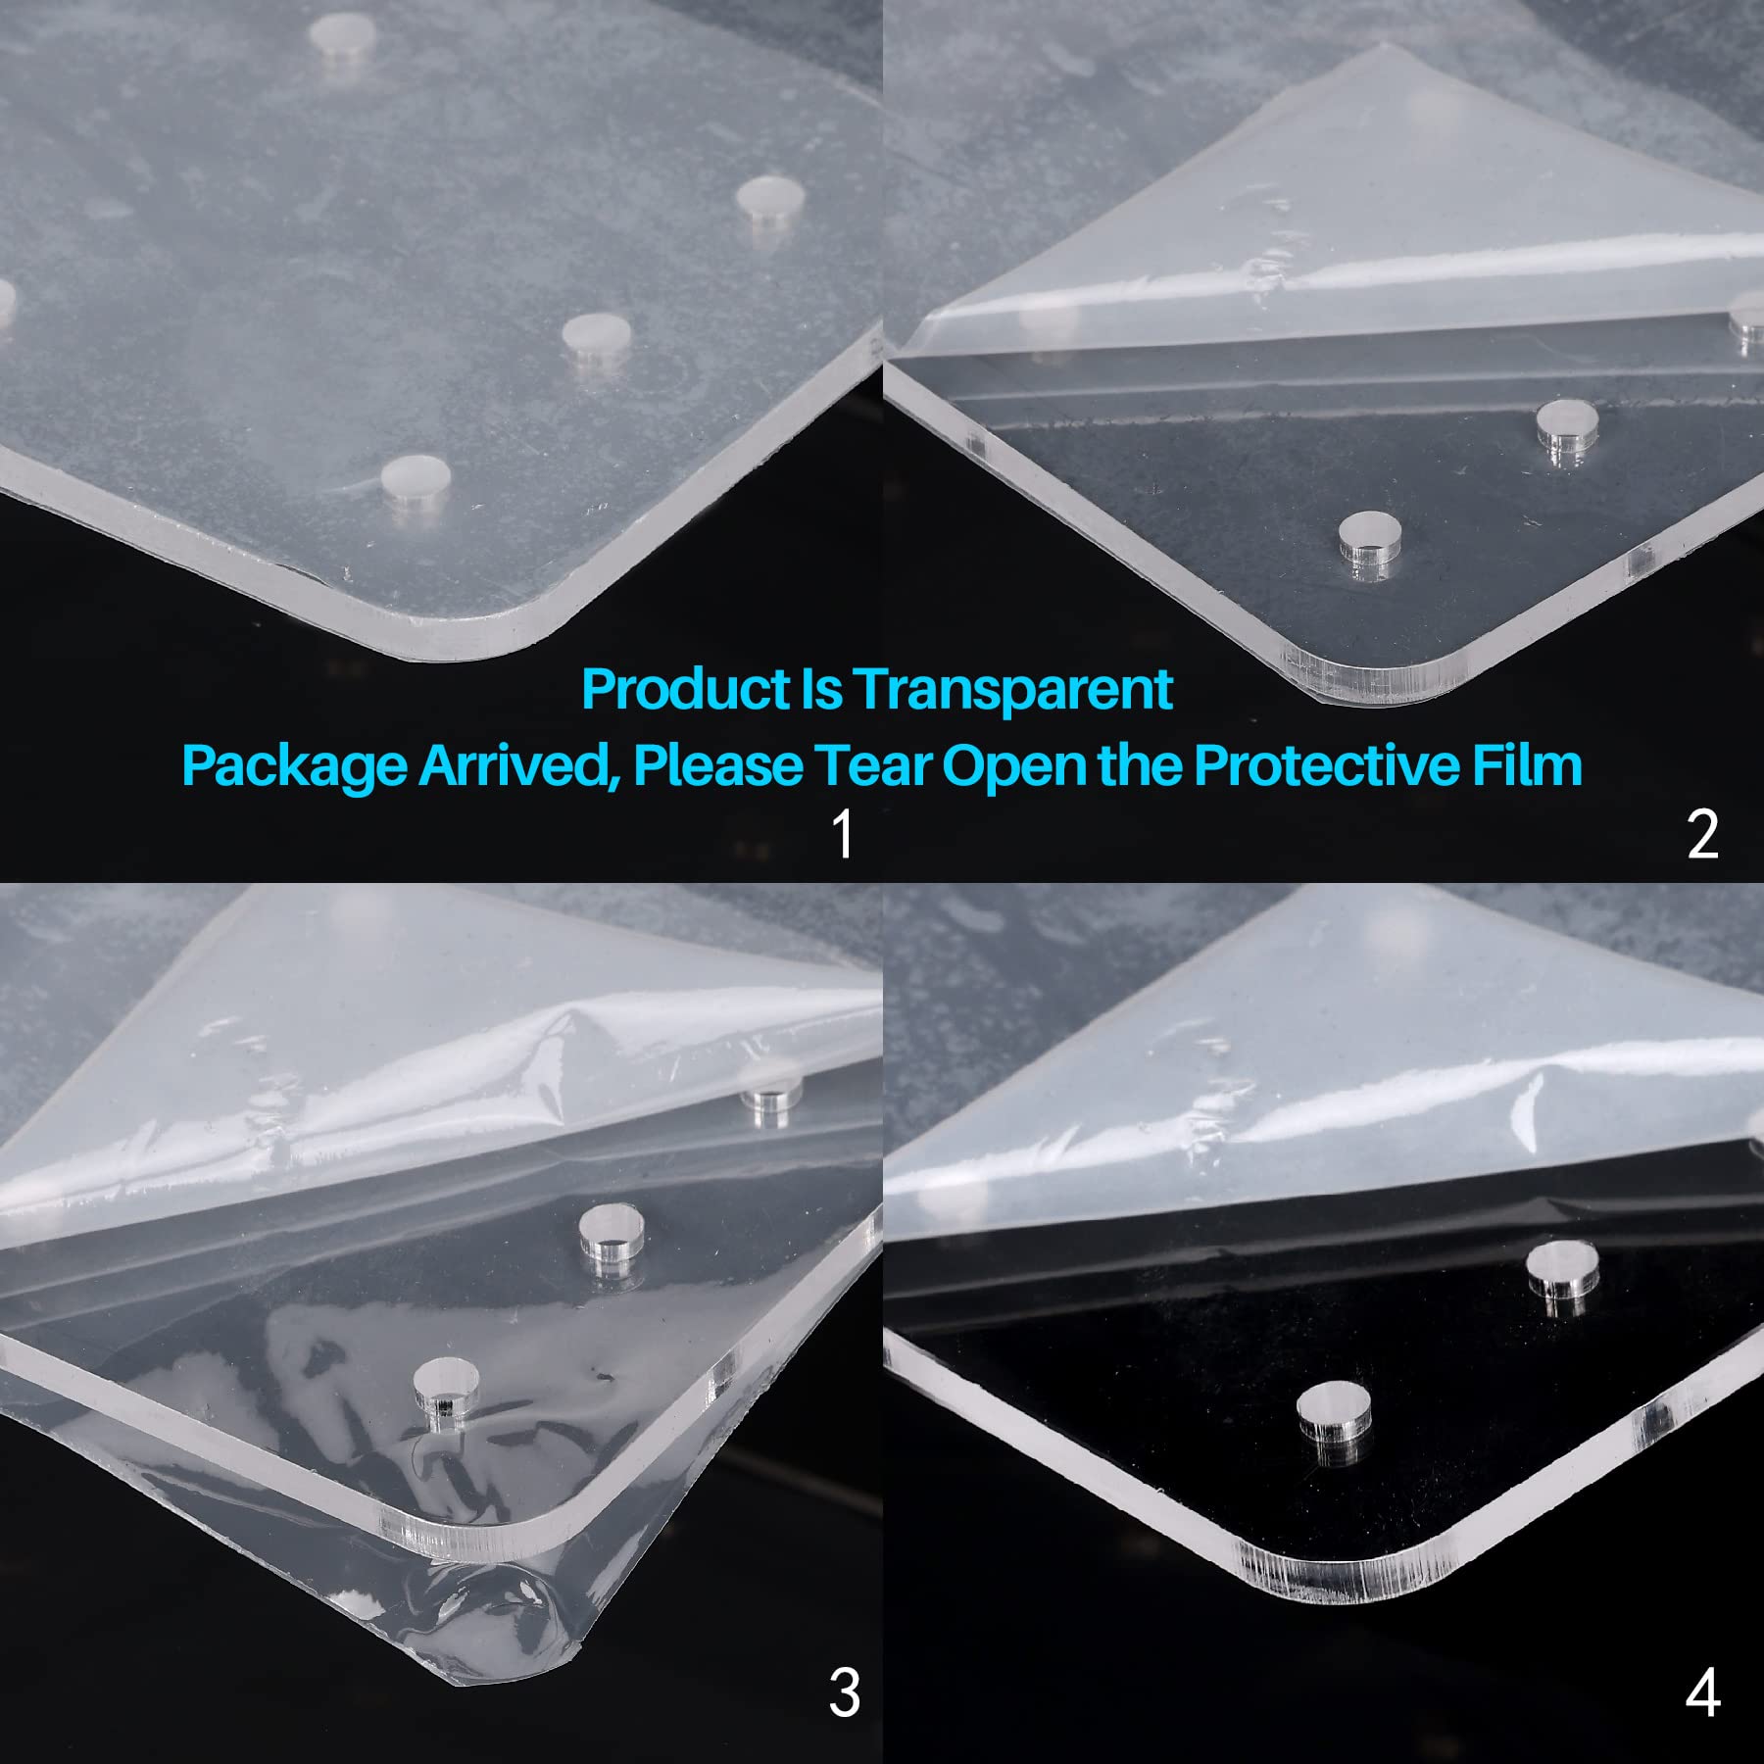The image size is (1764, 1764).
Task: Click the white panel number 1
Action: pyautogui.click(x=842, y=834)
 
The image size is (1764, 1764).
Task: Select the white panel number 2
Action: pyautogui.click(x=1703, y=834)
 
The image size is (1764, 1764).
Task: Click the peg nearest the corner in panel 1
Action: pyautogui.click(x=416, y=483)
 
